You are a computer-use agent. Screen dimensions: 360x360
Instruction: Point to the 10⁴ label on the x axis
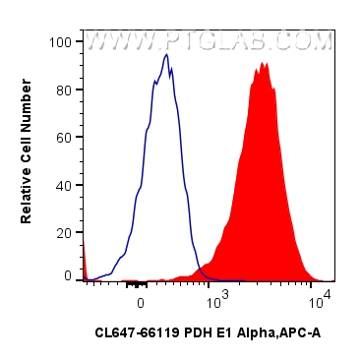322,293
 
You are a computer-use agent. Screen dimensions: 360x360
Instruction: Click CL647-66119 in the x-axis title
134,333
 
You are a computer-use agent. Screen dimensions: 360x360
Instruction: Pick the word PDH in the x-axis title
191,333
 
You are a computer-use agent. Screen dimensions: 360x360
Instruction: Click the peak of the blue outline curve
167,56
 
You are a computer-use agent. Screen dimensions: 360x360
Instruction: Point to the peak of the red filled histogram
264,64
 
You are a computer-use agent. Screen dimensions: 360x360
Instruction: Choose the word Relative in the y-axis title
28,196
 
